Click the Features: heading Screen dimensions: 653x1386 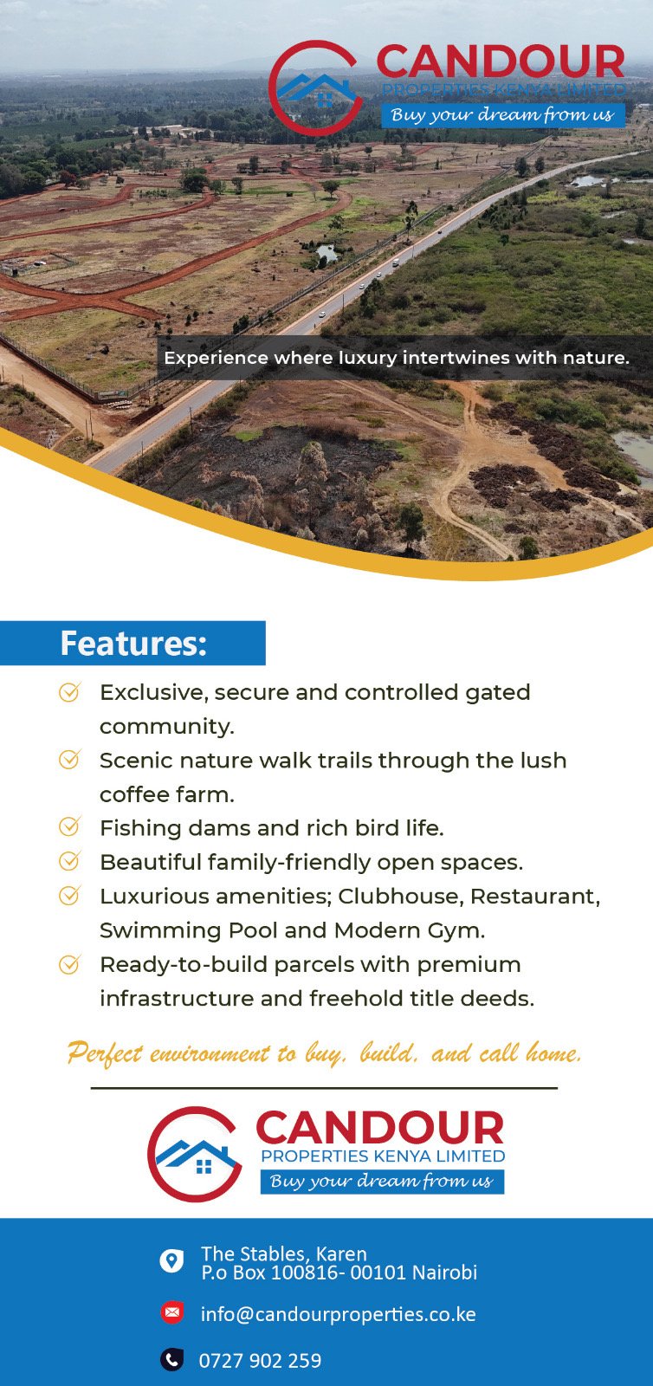click(133, 644)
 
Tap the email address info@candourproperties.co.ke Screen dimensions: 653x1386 click(338, 1313)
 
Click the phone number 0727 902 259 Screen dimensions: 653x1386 click(260, 1361)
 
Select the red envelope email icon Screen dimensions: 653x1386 click(171, 1312)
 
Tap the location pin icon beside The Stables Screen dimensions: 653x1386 click(171, 1260)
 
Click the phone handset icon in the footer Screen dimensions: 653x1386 click(171, 1359)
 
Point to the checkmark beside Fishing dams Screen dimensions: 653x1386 click(70, 826)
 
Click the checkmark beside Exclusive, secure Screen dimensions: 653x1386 click(70, 691)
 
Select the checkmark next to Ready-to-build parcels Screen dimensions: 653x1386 click(70, 963)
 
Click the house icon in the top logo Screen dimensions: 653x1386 click(317, 89)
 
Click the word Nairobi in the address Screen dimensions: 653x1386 click(444, 1273)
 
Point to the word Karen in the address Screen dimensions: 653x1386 click(341, 1253)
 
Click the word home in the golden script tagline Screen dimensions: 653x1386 click(553, 1052)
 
